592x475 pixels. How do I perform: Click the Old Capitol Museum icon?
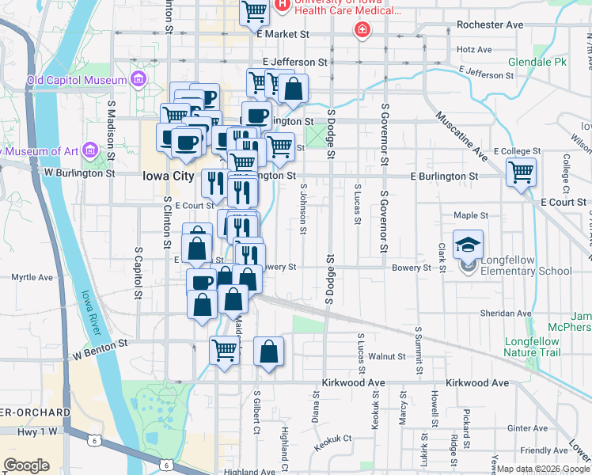[139, 79]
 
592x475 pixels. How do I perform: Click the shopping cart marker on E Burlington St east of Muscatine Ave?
[521, 173]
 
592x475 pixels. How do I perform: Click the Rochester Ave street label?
[490, 25]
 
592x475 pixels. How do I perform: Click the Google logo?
[27, 465]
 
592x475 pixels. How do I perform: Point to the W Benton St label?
[99, 345]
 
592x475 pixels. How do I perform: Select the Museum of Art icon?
[89, 150]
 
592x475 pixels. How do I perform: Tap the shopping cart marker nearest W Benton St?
[225, 349]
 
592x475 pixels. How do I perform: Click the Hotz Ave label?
[474, 49]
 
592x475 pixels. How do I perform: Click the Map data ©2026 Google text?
[542, 469]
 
